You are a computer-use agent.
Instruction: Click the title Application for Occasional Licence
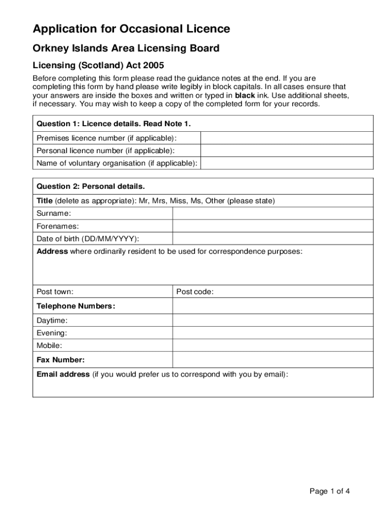[131, 29]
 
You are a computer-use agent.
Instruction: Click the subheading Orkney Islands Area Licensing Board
[126, 48]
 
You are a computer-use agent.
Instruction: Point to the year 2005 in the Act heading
[154, 65]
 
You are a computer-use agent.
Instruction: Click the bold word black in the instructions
[245, 95]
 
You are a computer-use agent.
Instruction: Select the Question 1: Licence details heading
[114, 124]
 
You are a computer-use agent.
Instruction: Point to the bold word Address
[52, 251]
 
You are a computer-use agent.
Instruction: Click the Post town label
[55, 292]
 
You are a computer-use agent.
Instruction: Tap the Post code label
[195, 292]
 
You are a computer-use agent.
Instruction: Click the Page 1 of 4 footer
[330, 491]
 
